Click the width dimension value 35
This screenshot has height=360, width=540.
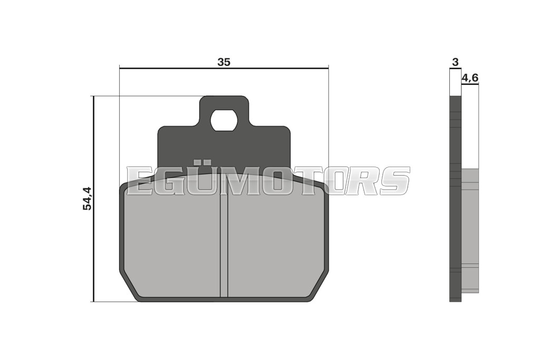(x=224, y=62)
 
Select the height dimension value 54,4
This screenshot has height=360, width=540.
(x=87, y=198)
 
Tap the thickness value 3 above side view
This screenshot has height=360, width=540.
(x=455, y=62)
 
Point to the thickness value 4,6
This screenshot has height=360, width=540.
(x=470, y=78)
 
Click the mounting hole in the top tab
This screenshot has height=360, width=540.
(x=224, y=120)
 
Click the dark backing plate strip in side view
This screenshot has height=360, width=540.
(x=455, y=199)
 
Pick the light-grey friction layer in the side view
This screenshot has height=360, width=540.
(x=470, y=230)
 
